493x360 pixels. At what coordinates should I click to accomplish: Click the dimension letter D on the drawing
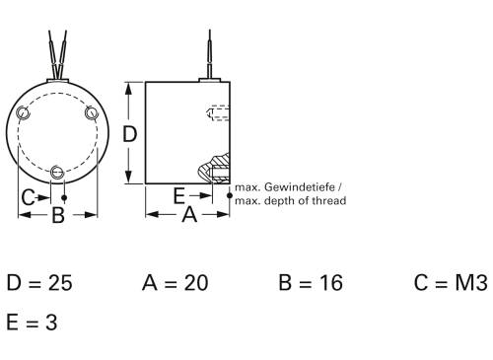128,134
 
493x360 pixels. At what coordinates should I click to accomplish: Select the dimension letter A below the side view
189,214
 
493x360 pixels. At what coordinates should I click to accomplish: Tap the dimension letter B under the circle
58,214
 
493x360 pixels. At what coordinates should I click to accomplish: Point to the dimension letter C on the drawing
29,196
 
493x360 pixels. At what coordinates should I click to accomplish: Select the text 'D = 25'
39,283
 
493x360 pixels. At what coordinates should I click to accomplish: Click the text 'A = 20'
175,283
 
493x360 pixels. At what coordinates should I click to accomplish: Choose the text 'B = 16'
311,283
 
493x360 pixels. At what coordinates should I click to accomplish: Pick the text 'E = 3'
31,322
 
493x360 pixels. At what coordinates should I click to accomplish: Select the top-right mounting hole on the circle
91,113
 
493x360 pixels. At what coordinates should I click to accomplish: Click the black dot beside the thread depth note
230,196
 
